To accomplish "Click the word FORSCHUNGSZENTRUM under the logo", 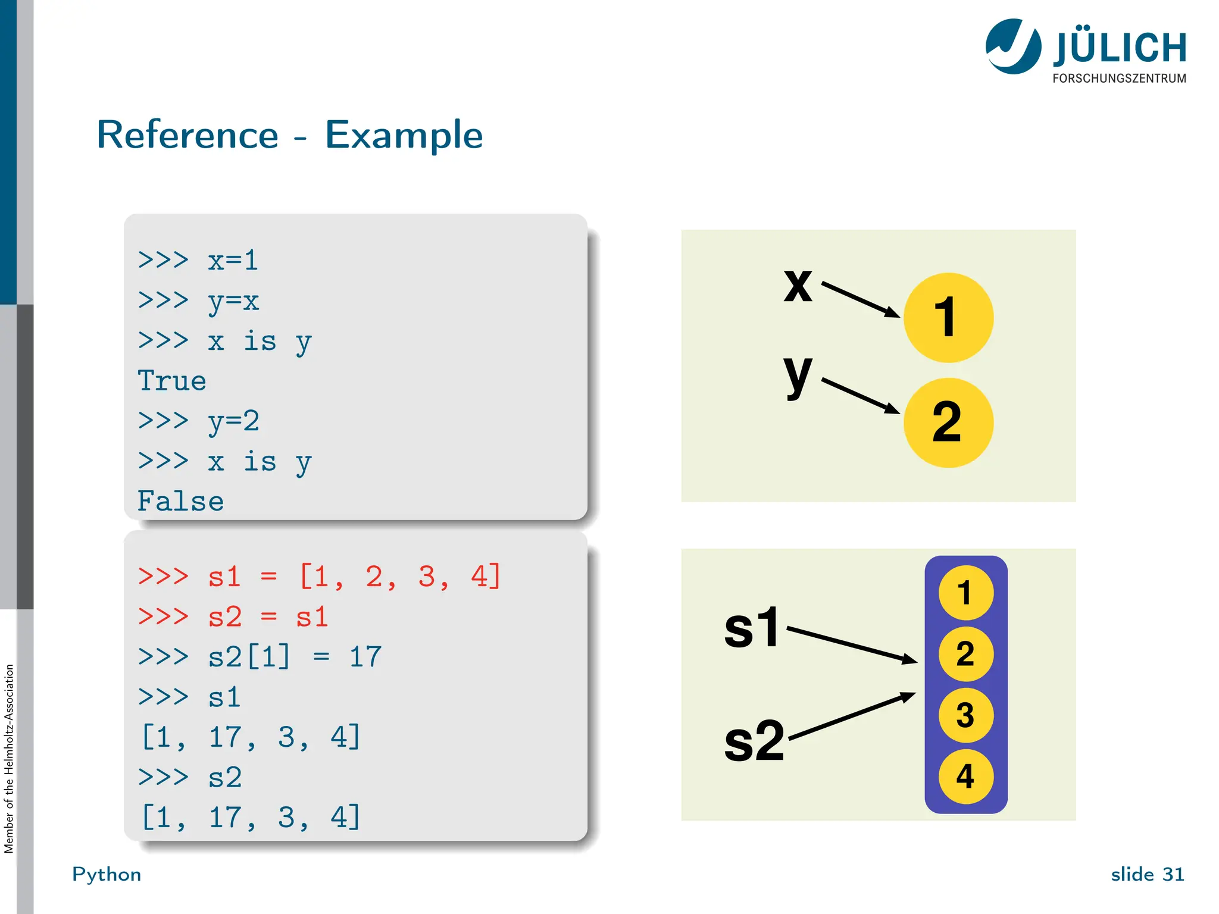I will click(x=1119, y=79).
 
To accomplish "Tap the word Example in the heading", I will click(x=404, y=136).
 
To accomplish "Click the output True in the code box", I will click(x=172, y=381).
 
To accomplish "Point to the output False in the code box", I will click(x=180, y=501).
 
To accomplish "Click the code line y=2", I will click(x=233, y=421).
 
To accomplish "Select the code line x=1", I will click(x=233, y=261).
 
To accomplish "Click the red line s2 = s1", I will click(x=268, y=616).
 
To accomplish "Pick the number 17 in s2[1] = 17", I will click(x=365, y=657).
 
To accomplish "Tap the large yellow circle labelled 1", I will click(x=948, y=317).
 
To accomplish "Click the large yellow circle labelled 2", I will click(x=948, y=422).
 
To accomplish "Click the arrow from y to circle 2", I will click(x=861, y=395).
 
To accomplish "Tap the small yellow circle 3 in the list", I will click(x=965, y=715).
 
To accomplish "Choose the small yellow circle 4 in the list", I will click(x=965, y=776).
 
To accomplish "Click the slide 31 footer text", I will click(x=1147, y=874).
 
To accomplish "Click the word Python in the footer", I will click(x=107, y=874).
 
